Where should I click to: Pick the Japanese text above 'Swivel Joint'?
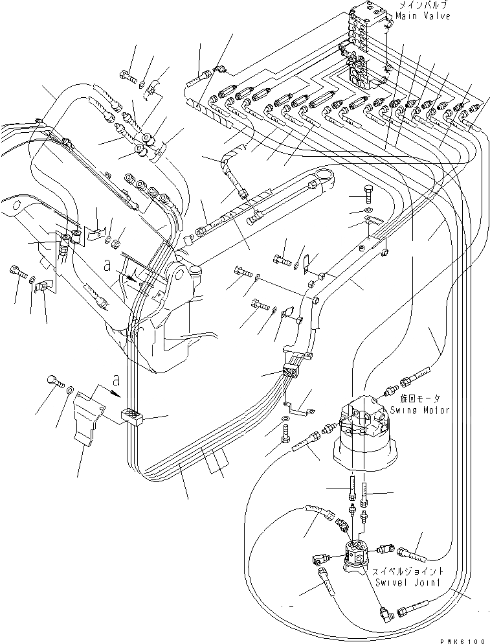coord(403,572)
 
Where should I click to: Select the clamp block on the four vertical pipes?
coord(132,415)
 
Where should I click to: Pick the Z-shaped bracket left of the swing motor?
coord(298,409)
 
